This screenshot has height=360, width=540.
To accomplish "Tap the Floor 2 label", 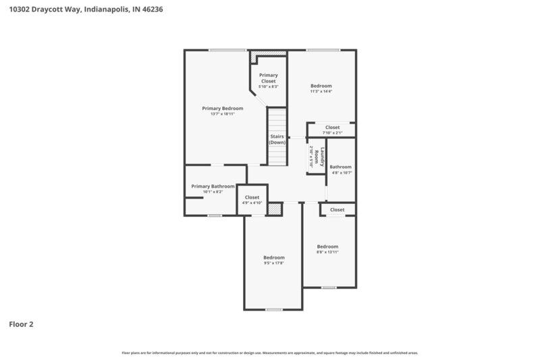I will [21, 324].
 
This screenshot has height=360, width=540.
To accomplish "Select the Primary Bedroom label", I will [223, 108].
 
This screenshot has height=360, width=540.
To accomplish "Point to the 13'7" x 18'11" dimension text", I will [223, 114].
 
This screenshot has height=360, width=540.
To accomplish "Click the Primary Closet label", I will [269, 78].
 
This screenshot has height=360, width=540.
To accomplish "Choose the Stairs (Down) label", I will [277, 139].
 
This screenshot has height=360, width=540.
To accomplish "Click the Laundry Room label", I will [323, 157].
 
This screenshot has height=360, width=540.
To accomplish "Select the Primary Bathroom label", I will [213, 186].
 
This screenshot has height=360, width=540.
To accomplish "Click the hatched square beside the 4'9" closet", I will [274, 209].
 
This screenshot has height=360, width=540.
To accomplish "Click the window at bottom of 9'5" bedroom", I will [273, 309].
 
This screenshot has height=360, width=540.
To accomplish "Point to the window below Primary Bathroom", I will [215, 215].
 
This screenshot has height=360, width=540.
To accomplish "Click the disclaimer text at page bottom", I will [270, 353].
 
